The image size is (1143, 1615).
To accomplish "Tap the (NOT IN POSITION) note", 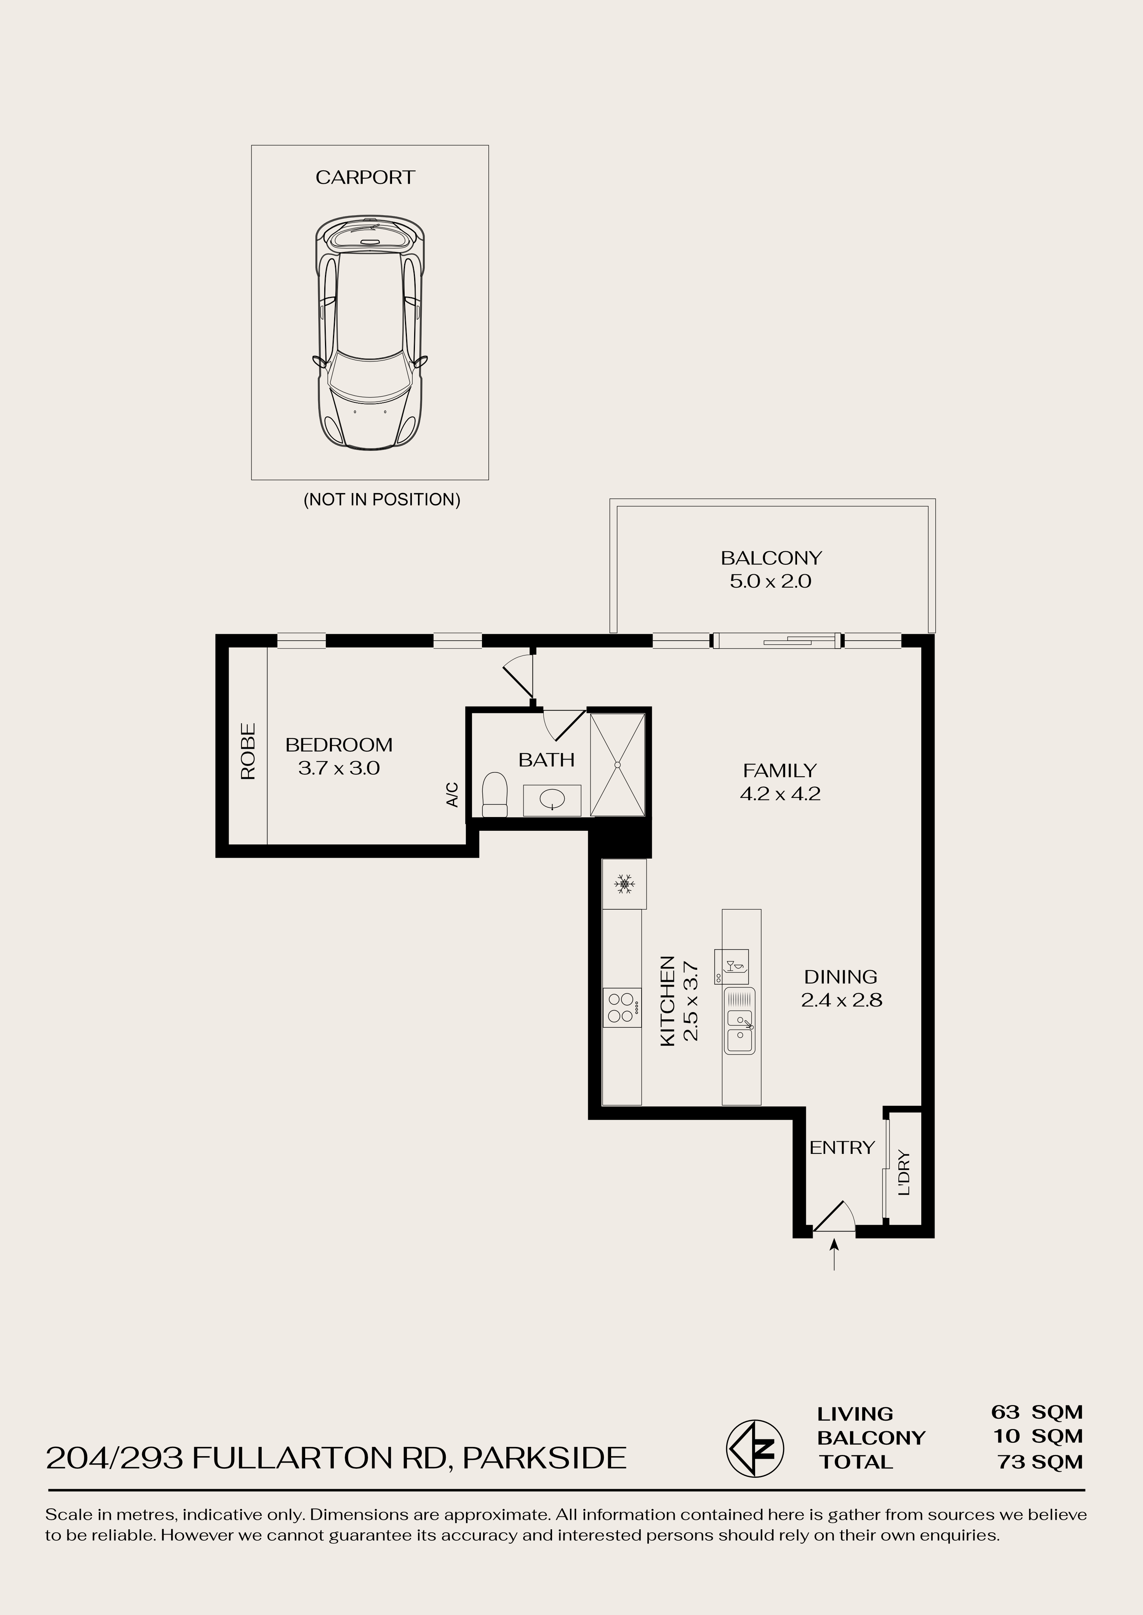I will click(x=381, y=500).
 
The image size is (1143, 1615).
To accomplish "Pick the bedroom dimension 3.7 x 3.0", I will click(x=339, y=768).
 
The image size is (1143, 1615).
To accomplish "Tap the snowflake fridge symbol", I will click(x=624, y=884).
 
